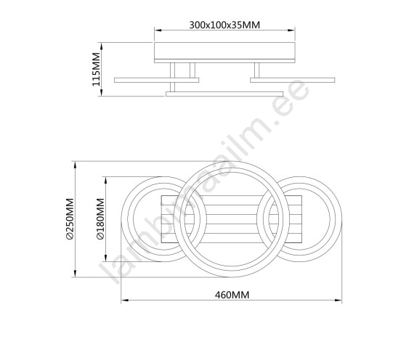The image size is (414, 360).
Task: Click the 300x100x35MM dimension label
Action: click(x=224, y=25)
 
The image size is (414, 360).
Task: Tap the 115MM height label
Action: click(x=97, y=69)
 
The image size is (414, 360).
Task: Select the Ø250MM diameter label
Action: click(x=70, y=219)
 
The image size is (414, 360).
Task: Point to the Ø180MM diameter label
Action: click(x=101, y=219)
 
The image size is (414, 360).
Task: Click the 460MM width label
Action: click(x=232, y=295)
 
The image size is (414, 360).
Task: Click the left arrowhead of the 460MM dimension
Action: click(x=125, y=300)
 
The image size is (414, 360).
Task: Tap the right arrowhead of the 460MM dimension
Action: click(x=338, y=300)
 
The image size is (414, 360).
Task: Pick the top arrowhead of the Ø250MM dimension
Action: click(x=76, y=165)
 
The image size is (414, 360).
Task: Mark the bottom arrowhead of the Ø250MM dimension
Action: click(x=76, y=274)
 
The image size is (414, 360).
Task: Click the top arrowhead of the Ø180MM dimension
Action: click(x=106, y=181)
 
